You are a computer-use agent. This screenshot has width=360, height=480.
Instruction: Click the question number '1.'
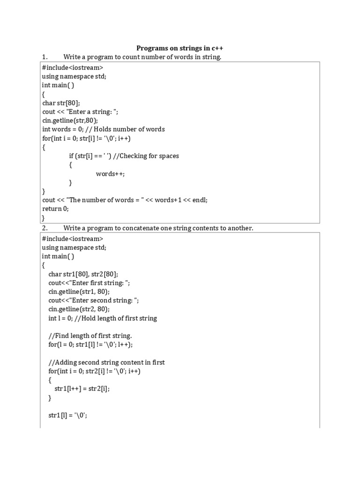click(x=45, y=57)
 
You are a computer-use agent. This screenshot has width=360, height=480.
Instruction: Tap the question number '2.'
click(x=45, y=228)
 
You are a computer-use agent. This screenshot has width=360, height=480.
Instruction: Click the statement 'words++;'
click(x=111, y=174)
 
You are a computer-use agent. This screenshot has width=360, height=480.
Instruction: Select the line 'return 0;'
click(x=55, y=209)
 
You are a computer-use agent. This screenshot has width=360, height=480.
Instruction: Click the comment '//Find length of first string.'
click(x=90, y=336)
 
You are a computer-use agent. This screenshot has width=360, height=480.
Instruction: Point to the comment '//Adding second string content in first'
click(x=106, y=362)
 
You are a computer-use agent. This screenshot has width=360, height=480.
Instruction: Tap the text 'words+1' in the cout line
click(x=168, y=200)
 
